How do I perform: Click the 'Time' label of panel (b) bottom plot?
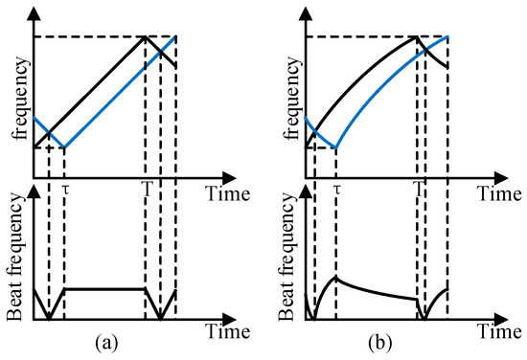[502, 334]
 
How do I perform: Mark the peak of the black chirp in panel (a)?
[145, 36]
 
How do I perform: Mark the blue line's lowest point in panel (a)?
[64, 147]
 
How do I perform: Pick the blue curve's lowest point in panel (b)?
[336, 148]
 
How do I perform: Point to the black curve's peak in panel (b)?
[417, 36]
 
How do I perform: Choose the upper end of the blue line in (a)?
[176, 36]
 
